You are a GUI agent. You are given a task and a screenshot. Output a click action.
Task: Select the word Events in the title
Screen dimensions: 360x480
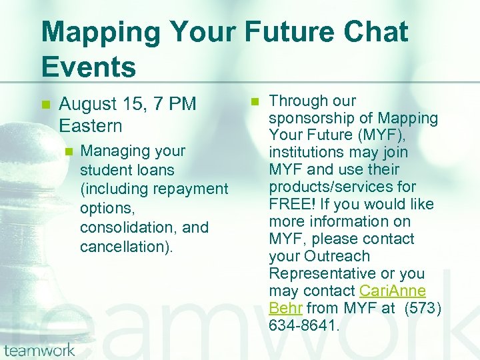click(x=88, y=67)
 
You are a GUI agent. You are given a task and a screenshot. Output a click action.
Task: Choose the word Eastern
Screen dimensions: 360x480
click(x=91, y=125)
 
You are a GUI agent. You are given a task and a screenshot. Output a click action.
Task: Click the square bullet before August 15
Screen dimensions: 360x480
click(x=45, y=105)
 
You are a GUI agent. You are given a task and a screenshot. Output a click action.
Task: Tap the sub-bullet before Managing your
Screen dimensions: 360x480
click(x=67, y=151)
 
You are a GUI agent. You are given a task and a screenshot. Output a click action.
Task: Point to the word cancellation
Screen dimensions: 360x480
click(x=123, y=247)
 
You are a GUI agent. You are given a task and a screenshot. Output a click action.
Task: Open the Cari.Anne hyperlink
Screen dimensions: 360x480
click(x=392, y=291)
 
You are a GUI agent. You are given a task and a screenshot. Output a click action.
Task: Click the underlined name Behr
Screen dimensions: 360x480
click(x=285, y=309)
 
